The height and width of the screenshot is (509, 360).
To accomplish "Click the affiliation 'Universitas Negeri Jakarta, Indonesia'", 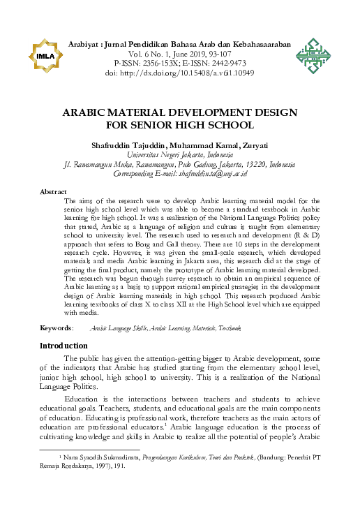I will [180, 154].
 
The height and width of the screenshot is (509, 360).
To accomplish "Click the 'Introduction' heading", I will [63, 346].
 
